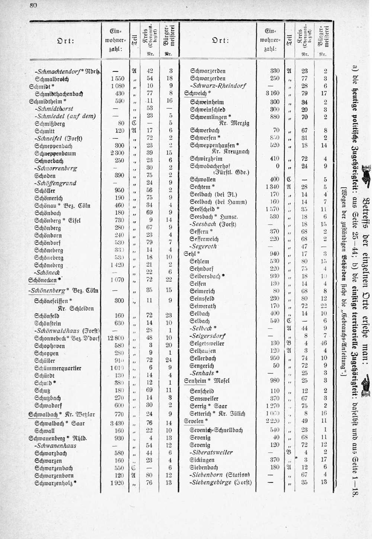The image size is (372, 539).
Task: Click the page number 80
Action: pos(34,5)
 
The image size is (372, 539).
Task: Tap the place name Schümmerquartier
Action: pos(58,368)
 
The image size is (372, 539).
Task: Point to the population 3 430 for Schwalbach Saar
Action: pos(117,423)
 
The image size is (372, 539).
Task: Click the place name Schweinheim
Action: pos(207,102)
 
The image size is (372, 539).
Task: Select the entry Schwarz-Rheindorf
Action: pos(218,86)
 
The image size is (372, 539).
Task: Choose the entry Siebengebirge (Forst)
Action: pos(221,482)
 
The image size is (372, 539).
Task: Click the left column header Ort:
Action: pos(66,41)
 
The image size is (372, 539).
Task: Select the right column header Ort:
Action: pos(221,40)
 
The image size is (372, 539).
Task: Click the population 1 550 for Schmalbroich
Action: pos(117,79)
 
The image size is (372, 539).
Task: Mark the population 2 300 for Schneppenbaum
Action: pos(117,153)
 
